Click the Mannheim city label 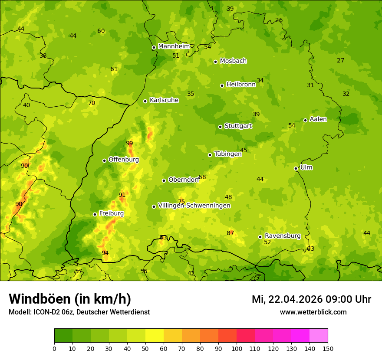point(174,46)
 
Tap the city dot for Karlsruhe point(145,101)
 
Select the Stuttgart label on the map point(238,126)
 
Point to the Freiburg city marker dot point(95,214)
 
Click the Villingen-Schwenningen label point(194,206)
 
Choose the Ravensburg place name point(282,236)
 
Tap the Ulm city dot point(296,168)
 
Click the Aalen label point(318,119)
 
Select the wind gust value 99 point(129,144)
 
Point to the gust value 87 point(230,233)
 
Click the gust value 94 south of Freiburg point(105,253)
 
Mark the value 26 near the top point(279,20)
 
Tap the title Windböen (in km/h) point(70,299)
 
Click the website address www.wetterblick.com point(313,312)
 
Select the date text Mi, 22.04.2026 point(286,299)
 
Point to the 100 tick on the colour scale point(237,348)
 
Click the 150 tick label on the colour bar point(328,348)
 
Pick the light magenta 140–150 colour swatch point(319,336)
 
